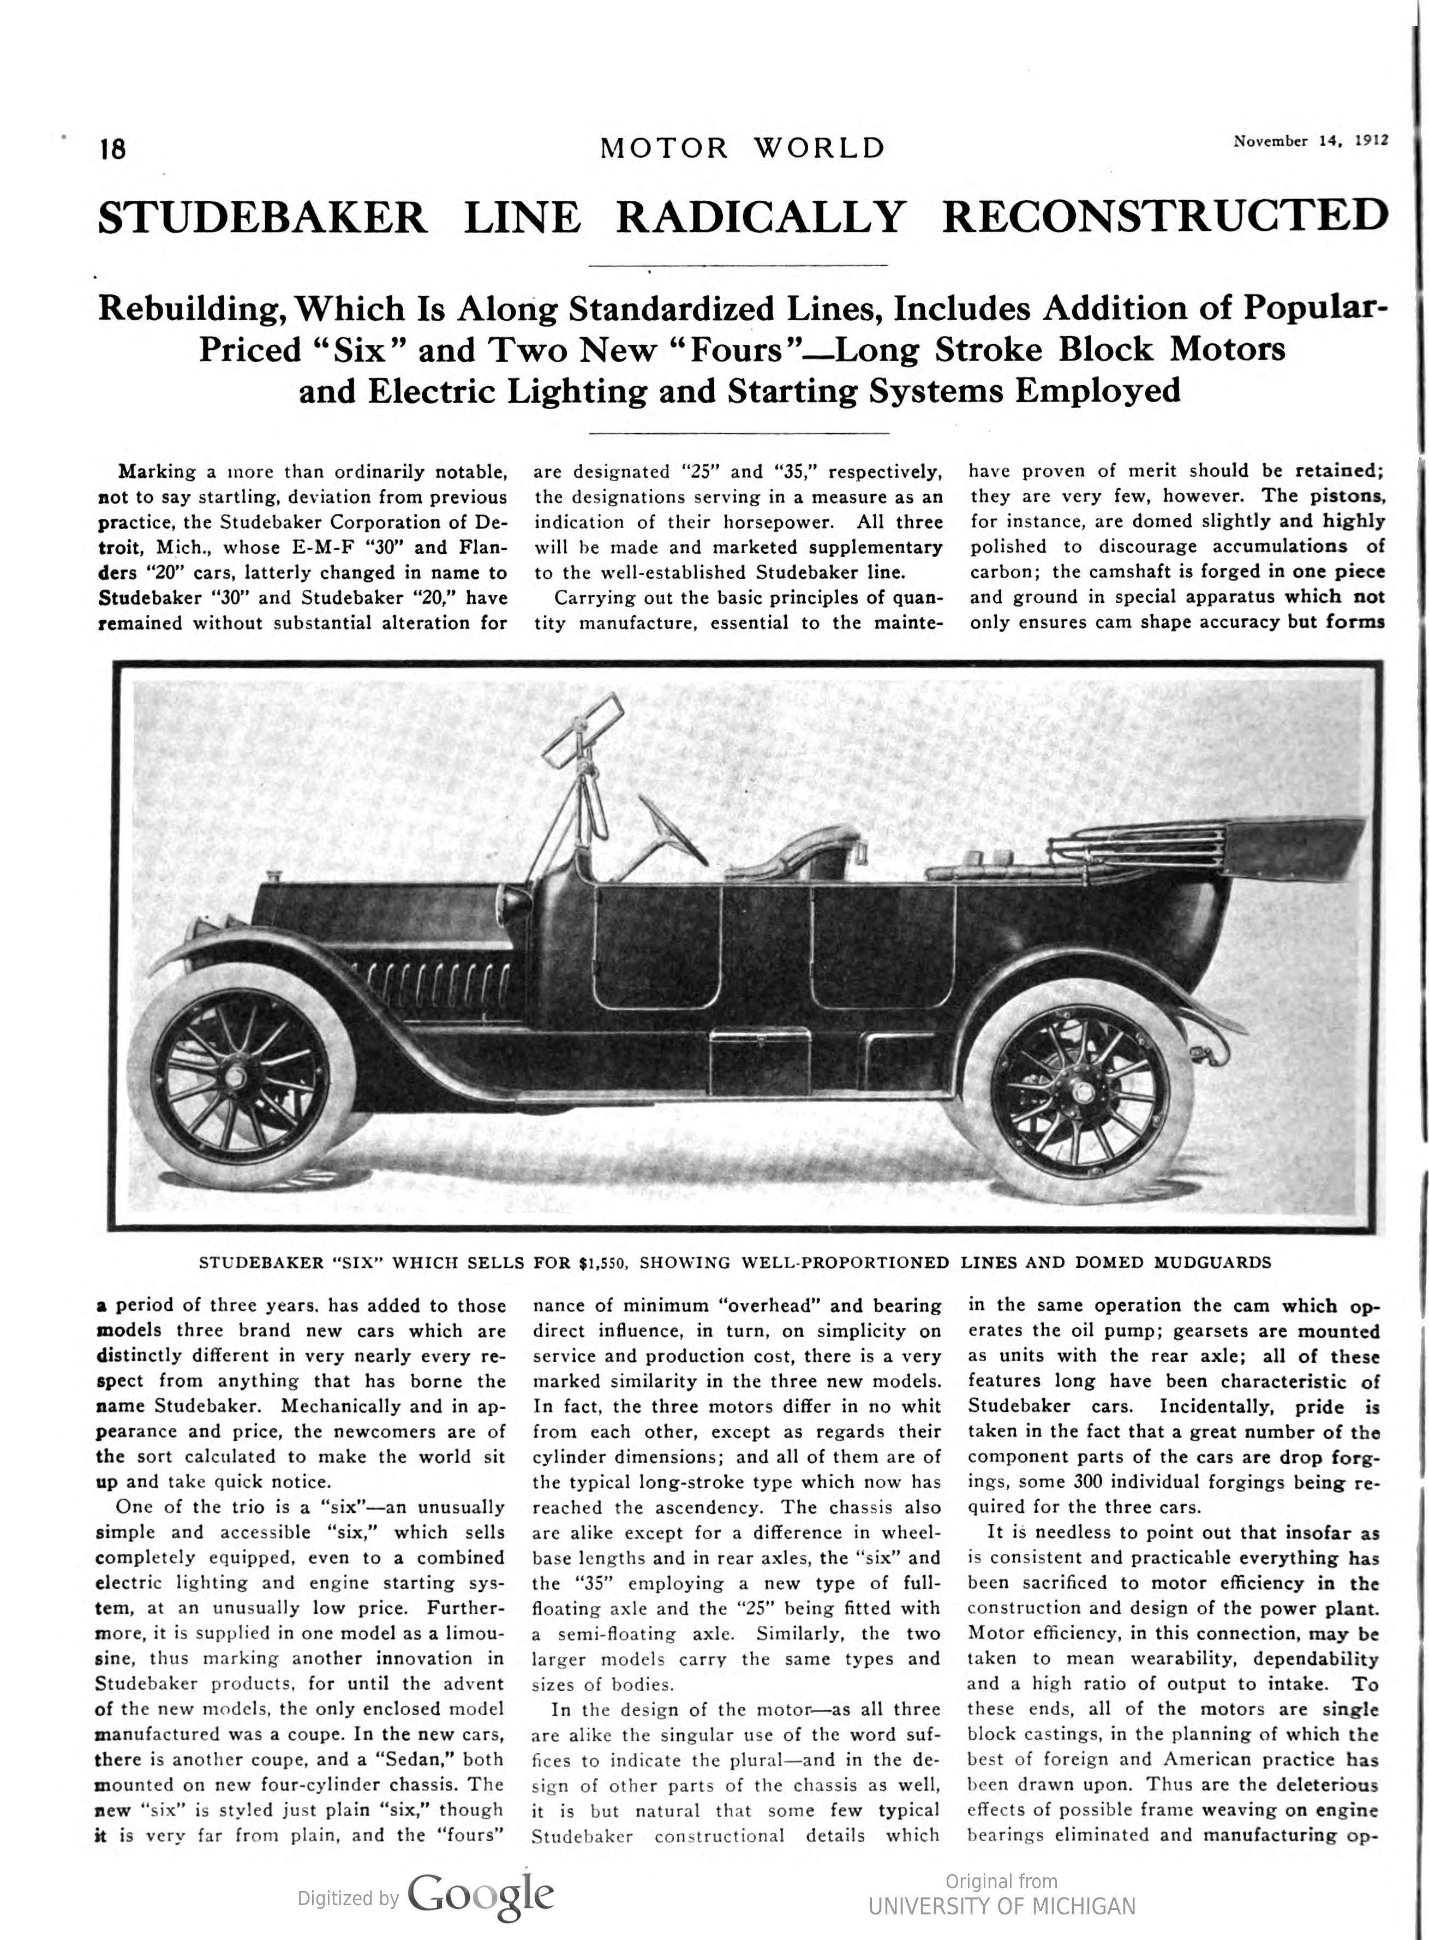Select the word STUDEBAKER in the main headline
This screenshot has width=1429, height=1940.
point(262,217)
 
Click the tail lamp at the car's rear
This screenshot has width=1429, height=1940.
point(1200,1055)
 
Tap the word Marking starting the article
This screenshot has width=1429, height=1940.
point(158,472)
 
